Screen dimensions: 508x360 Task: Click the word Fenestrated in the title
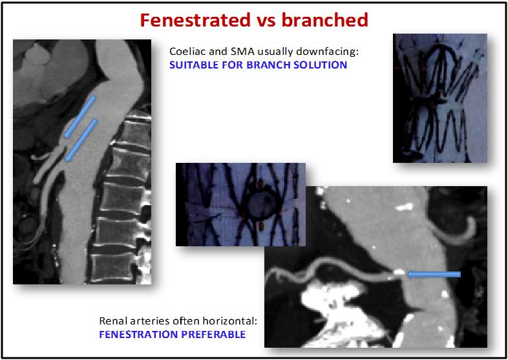click(195, 20)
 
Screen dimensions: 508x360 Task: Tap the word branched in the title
click(324, 20)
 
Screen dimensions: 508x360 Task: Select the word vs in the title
click(266, 21)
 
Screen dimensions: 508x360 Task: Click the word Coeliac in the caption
click(184, 52)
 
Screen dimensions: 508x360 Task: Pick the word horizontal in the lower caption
click(229, 321)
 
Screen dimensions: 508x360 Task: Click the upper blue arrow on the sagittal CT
click(80, 116)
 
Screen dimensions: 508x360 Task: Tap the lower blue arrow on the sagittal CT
click(81, 140)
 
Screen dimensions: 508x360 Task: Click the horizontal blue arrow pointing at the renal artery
click(434, 275)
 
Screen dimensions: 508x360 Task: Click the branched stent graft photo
click(440, 98)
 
